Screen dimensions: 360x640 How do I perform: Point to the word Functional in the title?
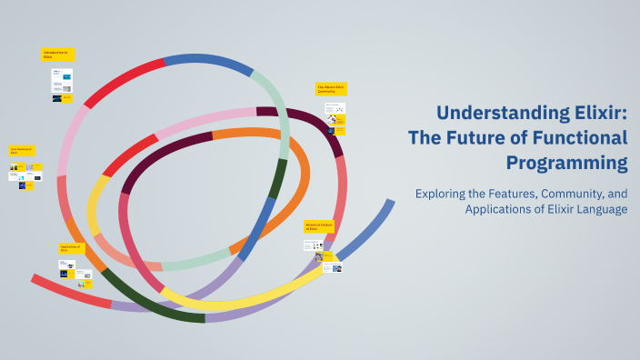[580, 138]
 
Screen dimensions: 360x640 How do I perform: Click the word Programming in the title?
[567, 164]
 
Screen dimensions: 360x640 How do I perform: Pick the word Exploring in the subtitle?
[439, 194]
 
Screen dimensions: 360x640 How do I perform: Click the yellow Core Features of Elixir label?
[22, 150]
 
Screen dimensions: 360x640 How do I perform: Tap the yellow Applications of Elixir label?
[72, 248]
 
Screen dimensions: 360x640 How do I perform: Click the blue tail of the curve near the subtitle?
[369, 226]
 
